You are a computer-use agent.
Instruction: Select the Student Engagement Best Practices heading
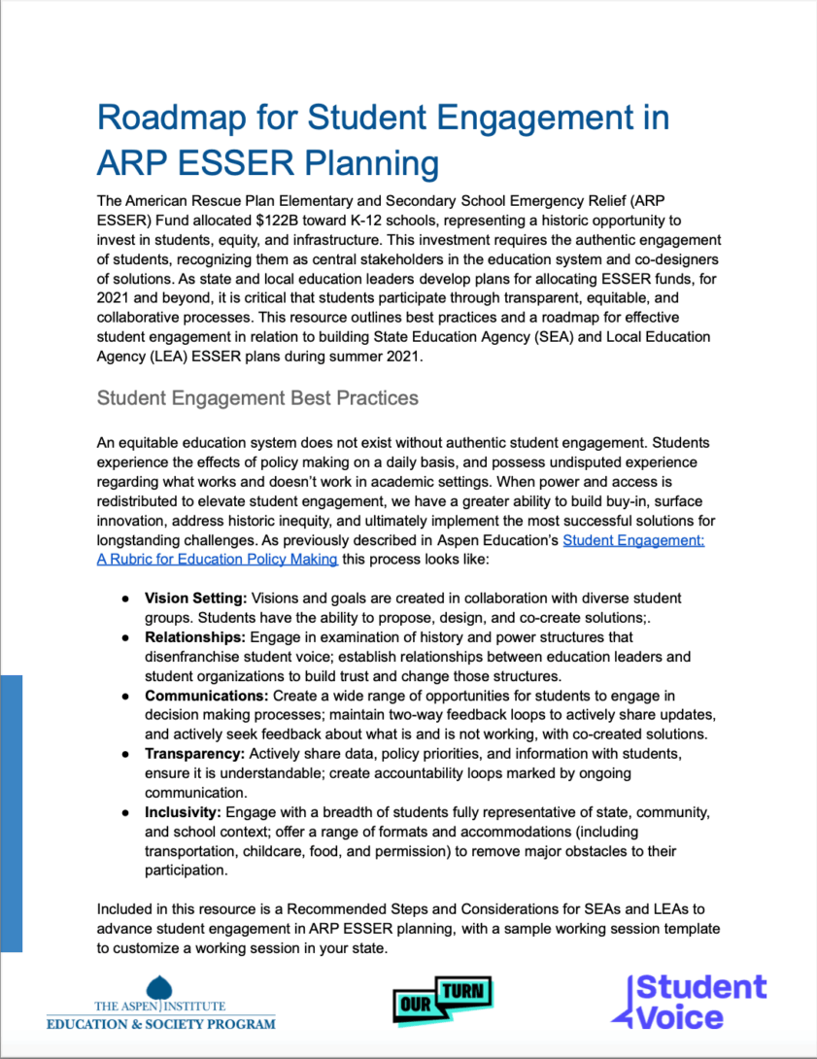[x=257, y=398]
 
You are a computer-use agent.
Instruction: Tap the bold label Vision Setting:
[x=196, y=598]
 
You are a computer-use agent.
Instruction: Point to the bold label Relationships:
[x=195, y=637]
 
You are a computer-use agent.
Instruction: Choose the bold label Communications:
[x=207, y=696]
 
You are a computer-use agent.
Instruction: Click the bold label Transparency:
[x=195, y=754]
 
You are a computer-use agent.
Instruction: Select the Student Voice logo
[x=689, y=1002]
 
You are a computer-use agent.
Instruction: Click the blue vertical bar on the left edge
[x=11, y=813]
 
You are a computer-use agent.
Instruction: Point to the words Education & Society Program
[x=161, y=1022]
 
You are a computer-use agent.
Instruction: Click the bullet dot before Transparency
[x=126, y=755]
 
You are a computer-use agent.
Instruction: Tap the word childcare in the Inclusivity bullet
[x=278, y=851]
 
